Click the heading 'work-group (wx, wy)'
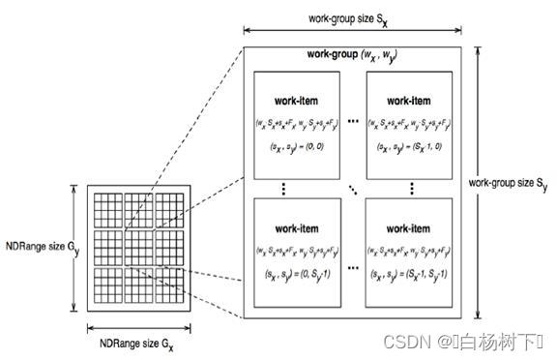(353, 54)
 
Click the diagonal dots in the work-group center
(357, 187)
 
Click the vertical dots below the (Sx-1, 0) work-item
(411, 186)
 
